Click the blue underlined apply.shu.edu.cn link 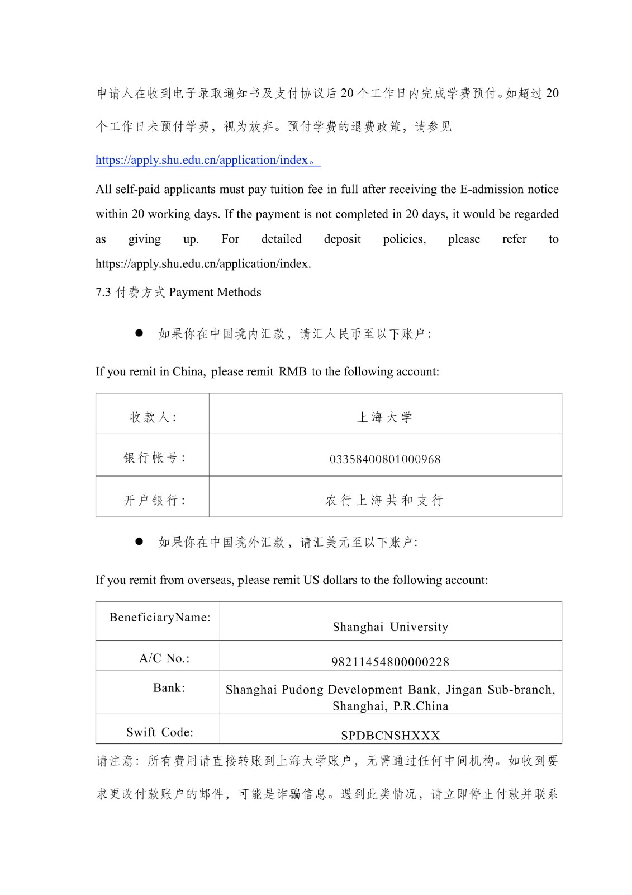click(x=202, y=160)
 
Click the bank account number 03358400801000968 click(x=385, y=459)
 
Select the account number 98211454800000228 click(x=390, y=662)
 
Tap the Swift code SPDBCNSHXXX click(x=390, y=736)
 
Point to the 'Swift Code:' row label click(x=160, y=732)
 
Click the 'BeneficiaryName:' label click(x=160, y=617)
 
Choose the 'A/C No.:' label click(x=164, y=658)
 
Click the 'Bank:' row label click(x=169, y=687)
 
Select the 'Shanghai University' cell click(x=390, y=626)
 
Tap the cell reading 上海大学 click(x=385, y=417)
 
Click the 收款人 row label click(x=153, y=417)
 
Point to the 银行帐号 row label click(x=154, y=458)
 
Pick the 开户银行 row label click(x=154, y=500)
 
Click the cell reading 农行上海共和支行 click(x=385, y=500)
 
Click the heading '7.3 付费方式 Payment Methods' click(x=178, y=292)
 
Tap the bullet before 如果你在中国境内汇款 click(x=139, y=333)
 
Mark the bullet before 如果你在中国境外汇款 click(x=139, y=541)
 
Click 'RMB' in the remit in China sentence click(x=293, y=371)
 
